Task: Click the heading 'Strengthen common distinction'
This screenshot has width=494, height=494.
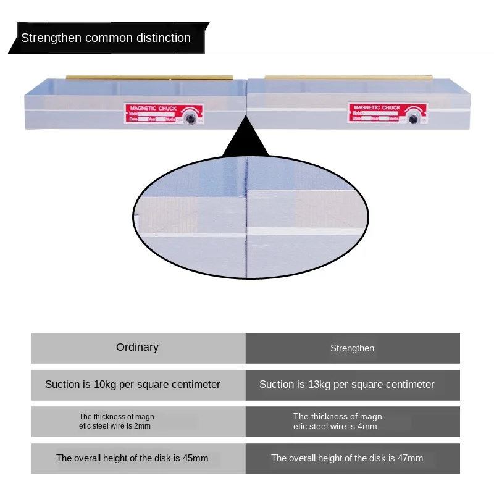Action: pyautogui.click(x=106, y=38)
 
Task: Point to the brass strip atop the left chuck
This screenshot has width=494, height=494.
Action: pyautogui.click(x=150, y=77)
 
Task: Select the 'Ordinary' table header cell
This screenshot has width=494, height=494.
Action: pyautogui.click(x=138, y=348)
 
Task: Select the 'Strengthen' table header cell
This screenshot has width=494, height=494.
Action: pyautogui.click(x=352, y=348)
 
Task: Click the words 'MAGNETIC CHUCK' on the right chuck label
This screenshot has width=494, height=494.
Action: pyautogui.click(x=377, y=107)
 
